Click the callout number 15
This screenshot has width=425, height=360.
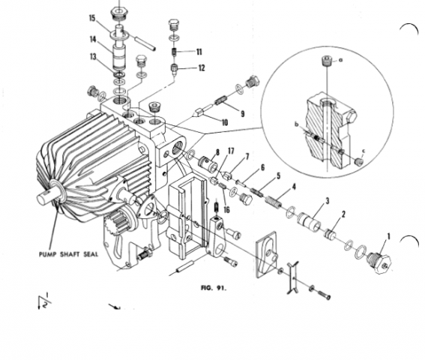pos(92,18)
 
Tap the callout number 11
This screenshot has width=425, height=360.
pos(199,52)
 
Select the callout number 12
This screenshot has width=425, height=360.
pos(202,67)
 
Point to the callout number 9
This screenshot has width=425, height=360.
pos(243,114)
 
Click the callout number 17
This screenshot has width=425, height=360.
pos(231,151)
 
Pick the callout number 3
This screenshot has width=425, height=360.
pos(328,201)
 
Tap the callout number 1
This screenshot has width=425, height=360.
pos(389,236)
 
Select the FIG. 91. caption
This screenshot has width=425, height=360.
pos(214,288)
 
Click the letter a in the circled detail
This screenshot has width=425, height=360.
pos(341,60)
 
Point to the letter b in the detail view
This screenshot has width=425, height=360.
pos(297,124)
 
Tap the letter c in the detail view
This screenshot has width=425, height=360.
pos(364,151)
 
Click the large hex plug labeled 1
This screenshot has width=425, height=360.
pos(379,262)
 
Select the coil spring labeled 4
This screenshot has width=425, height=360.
pos(274,202)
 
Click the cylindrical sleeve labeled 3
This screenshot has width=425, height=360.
pos(310,222)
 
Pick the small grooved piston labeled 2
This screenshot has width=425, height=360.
pos(331,235)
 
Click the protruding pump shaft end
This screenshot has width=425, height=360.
pos(46,196)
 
